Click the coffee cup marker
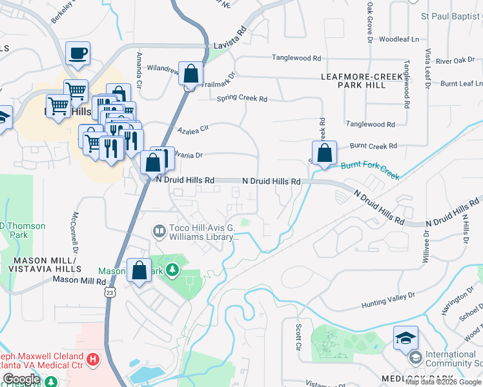click(78, 54)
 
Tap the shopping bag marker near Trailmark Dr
click(191, 74)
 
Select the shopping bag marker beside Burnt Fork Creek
click(325, 154)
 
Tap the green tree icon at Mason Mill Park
click(172, 268)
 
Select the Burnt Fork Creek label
click(370, 170)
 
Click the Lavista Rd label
click(231, 38)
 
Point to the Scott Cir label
click(299, 337)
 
